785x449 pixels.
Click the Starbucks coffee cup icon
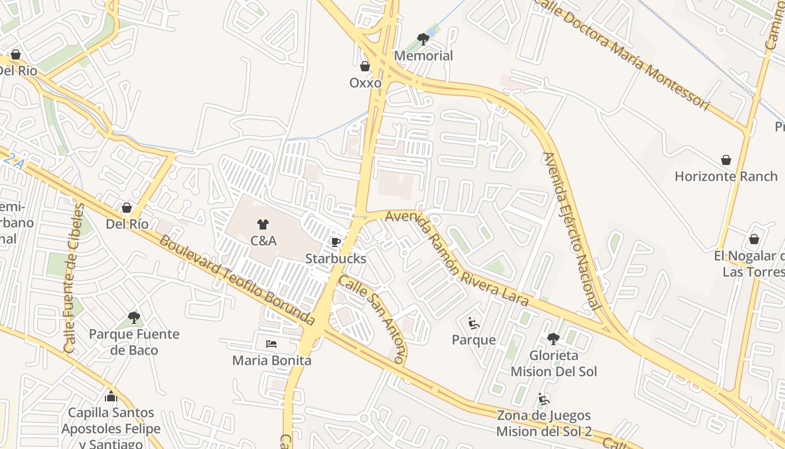click(x=336, y=242)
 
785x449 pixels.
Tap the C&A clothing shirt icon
click(x=263, y=224)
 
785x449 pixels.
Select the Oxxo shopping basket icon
click(x=365, y=67)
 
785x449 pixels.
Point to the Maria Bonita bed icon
click(x=271, y=343)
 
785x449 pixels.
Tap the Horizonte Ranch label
click(x=726, y=176)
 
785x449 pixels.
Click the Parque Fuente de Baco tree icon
click(x=134, y=318)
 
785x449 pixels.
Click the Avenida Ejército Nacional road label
click(x=571, y=230)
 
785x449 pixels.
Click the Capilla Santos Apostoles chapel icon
click(x=111, y=396)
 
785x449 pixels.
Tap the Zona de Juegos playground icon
click(x=543, y=399)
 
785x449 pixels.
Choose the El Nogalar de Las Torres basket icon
click(x=754, y=240)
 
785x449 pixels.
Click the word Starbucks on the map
click(x=335, y=259)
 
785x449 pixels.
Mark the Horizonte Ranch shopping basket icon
click(x=726, y=160)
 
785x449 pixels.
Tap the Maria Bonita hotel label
click(x=271, y=360)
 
